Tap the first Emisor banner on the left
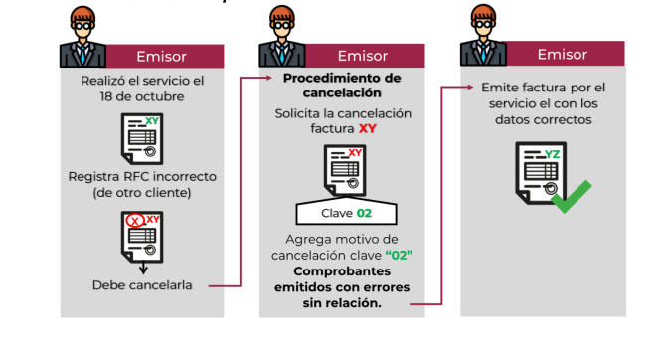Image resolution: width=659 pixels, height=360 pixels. point(160,57)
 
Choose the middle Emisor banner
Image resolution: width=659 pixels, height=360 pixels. point(362,56)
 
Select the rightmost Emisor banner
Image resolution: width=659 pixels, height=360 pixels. point(562,54)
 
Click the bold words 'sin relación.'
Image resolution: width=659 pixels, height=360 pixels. point(341,303)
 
